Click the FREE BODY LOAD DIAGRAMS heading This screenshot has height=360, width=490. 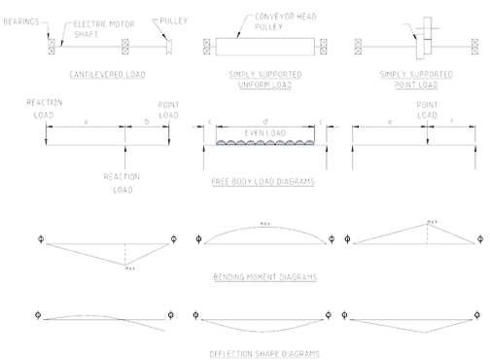pos(262,182)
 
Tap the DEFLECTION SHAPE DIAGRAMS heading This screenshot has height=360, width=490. pos(263,353)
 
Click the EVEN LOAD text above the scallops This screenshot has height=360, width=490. pos(259,130)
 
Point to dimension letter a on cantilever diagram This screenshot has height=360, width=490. pos(86,120)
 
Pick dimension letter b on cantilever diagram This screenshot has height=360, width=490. pos(146,120)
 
